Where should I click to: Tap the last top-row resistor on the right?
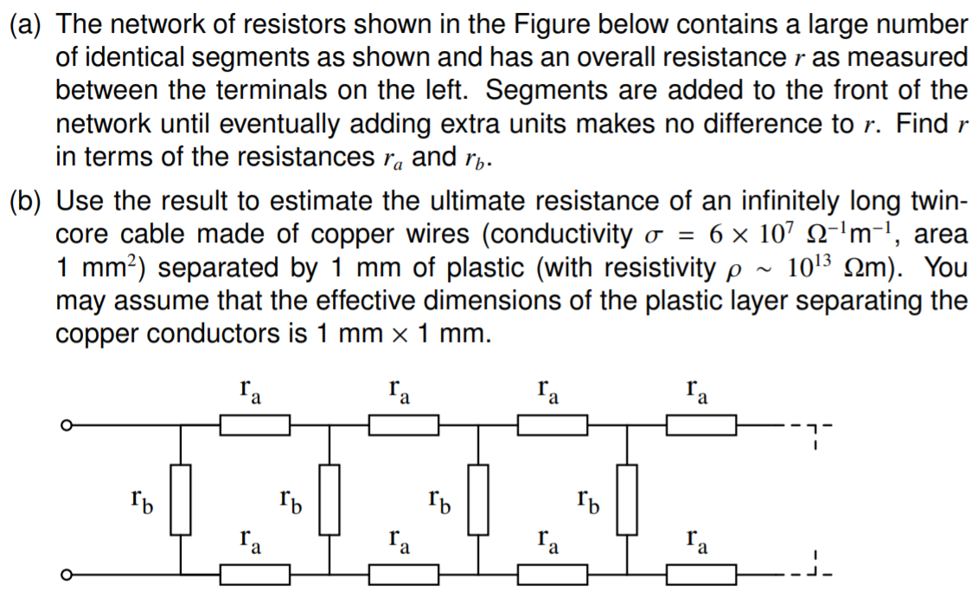coord(701,425)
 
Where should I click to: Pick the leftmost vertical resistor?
coord(181,499)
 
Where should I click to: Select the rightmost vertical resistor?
coord(627,499)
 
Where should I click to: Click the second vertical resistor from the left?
coord(329,499)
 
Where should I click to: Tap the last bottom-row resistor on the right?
coord(701,574)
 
